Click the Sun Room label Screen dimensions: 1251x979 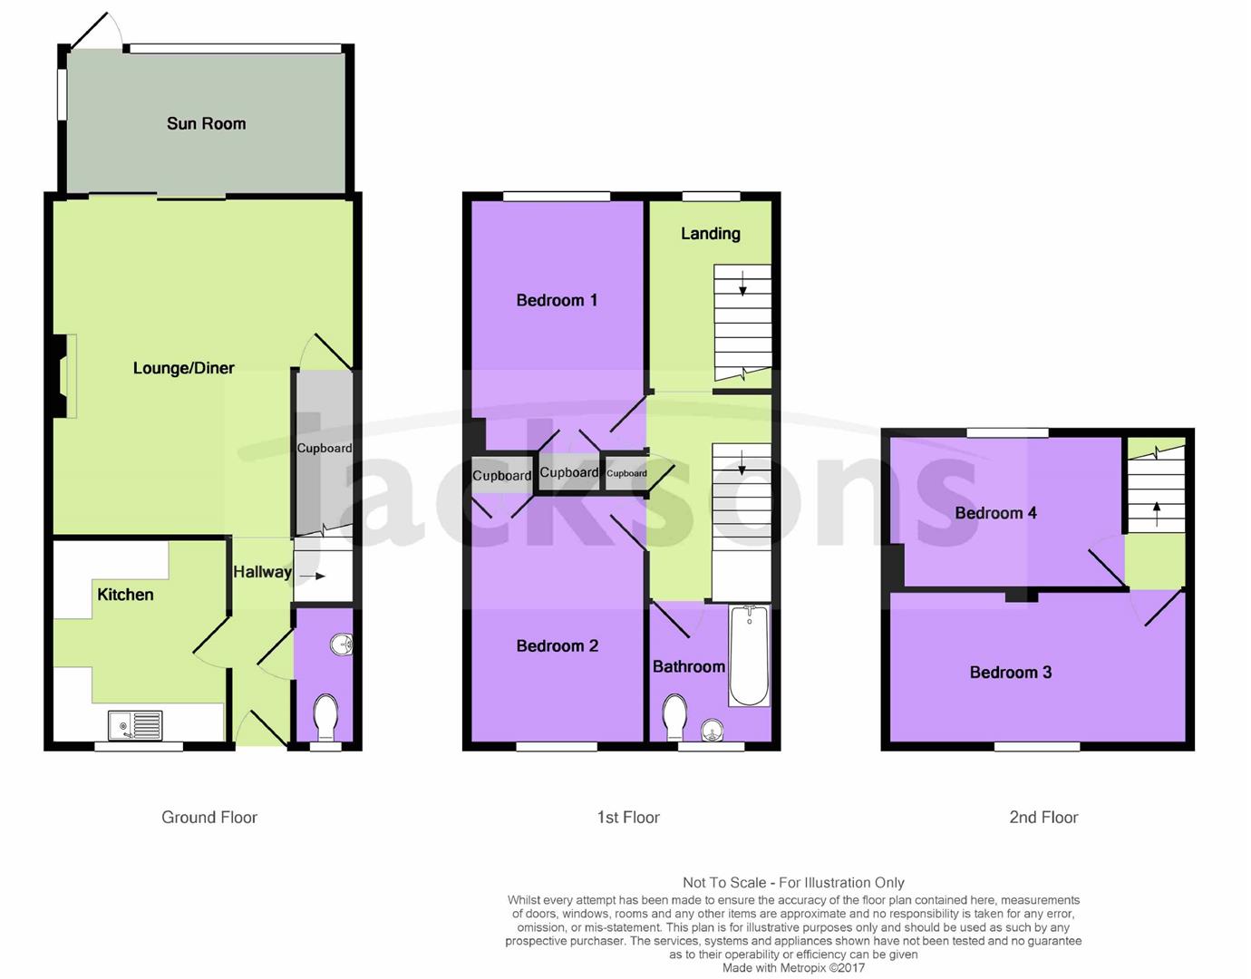pos(206,124)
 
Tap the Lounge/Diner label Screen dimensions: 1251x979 pos(184,368)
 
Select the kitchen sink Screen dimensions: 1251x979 pos(136,725)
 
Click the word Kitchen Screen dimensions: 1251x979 pos(125,595)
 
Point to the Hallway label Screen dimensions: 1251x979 pos(262,572)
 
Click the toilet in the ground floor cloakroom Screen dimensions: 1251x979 pos(325,718)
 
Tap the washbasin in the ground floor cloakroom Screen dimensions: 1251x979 pos(342,645)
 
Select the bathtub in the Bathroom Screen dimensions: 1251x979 pos(749,655)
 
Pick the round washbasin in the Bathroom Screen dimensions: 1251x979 pos(713,731)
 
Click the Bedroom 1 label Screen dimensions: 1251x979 pos(557,300)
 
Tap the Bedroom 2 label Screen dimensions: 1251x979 pos(558,646)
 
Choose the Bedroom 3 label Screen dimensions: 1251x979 pos(1011,673)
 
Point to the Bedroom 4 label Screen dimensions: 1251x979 pos(995,513)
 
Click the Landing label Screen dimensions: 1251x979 pos(711,234)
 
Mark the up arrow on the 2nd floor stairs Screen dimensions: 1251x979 pos(1157,514)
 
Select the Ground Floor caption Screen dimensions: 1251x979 pos(209,818)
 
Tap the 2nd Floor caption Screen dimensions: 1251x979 pos(1043,818)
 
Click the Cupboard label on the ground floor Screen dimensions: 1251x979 pos(325,449)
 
